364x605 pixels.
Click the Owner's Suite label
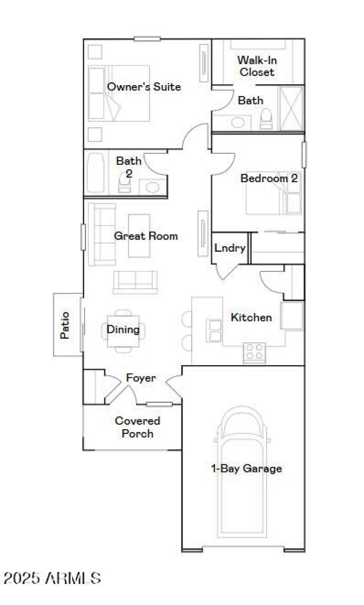(x=144, y=86)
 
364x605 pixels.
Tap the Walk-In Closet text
(x=257, y=66)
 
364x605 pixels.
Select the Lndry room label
(x=230, y=248)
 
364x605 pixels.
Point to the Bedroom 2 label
(x=269, y=178)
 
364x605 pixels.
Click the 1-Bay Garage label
(x=247, y=468)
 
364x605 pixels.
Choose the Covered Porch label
(x=137, y=427)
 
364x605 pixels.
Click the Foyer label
(x=141, y=378)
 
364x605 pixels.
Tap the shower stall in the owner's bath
(x=291, y=108)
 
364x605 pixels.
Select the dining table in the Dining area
(x=123, y=331)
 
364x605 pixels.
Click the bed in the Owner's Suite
(x=119, y=93)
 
